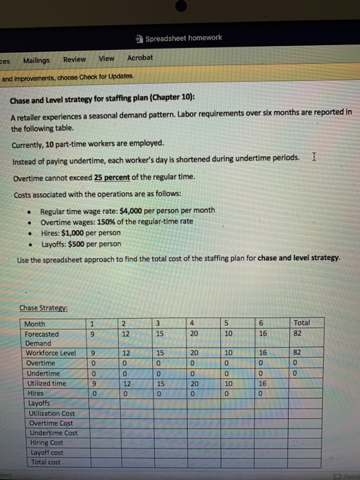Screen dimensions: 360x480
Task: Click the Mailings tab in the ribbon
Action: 36,60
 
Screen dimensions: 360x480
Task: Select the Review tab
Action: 75,59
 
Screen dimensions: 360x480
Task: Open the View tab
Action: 107,58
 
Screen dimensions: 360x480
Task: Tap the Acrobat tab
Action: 140,58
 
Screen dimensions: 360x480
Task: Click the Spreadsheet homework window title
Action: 183,38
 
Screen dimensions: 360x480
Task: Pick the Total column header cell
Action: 302,323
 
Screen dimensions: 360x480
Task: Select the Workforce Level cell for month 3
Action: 159,353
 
